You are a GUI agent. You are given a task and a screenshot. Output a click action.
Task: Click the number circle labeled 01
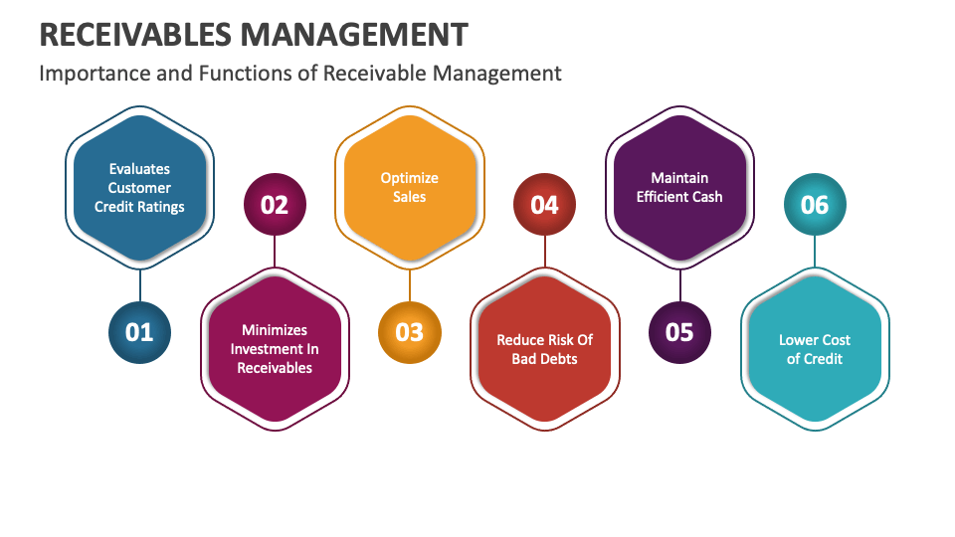tap(139, 332)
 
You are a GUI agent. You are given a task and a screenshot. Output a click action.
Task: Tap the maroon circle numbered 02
tap(275, 205)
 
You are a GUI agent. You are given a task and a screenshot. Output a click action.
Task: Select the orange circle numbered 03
tap(409, 332)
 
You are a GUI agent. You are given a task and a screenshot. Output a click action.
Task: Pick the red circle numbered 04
tap(544, 205)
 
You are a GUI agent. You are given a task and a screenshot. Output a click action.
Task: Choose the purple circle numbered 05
tap(679, 332)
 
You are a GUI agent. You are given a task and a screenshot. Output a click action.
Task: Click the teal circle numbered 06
tap(815, 205)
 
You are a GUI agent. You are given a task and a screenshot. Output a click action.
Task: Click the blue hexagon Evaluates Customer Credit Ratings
tap(139, 188)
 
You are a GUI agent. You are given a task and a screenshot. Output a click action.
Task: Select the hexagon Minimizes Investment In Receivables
tap(275, 349)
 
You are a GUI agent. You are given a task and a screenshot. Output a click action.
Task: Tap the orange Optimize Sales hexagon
tap(409, 188)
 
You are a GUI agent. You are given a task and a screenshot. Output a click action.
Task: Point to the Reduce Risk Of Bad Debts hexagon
tap(544, 349)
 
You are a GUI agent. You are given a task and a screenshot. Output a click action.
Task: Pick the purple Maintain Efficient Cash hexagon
tap(679, 188)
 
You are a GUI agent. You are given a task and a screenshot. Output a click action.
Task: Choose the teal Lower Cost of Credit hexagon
tap(815, 349)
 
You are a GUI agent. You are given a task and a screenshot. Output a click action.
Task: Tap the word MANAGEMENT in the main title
tap(354, 35)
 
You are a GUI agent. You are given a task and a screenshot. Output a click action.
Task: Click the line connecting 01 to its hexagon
tap(140, 285)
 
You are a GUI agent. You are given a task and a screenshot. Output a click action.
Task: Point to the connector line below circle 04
tap(545, 252)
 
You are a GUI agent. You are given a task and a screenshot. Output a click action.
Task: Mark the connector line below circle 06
tap(815, 252)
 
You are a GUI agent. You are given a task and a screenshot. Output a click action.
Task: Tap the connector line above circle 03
tap(409, 285)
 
